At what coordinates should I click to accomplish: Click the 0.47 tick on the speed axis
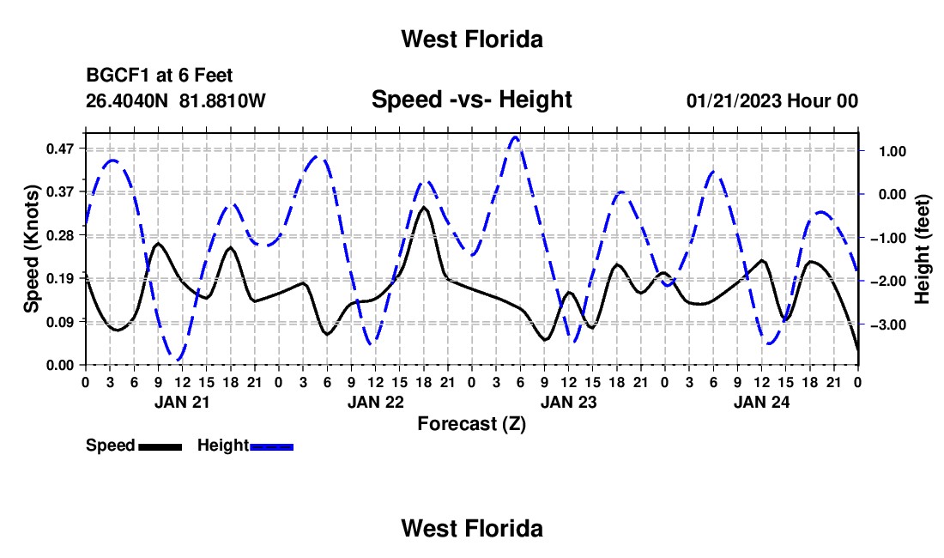point(59,149)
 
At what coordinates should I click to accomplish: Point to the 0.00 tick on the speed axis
point(59,366)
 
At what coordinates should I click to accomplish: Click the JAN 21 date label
point(182,402)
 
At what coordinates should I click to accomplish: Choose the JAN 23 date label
point(568,402)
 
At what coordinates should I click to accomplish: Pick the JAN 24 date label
point(761,402)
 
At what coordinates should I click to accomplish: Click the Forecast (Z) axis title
point(472,424)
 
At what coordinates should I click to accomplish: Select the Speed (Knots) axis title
point(31,249)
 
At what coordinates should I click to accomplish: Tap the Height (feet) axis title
point(923,249)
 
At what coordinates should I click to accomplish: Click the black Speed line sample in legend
point(160,446)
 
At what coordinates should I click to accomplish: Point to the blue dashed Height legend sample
point(271,446)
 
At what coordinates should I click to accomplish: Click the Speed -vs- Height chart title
point(472,100)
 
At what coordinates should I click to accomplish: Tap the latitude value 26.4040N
point(127,100)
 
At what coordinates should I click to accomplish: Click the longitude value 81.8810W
point(222,100)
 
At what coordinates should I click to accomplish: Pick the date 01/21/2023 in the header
point(734,100)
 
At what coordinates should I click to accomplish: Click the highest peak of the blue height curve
point(515,137)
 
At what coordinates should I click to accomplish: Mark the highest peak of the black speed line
point(424,207)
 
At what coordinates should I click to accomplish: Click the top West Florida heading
point(472,39)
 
